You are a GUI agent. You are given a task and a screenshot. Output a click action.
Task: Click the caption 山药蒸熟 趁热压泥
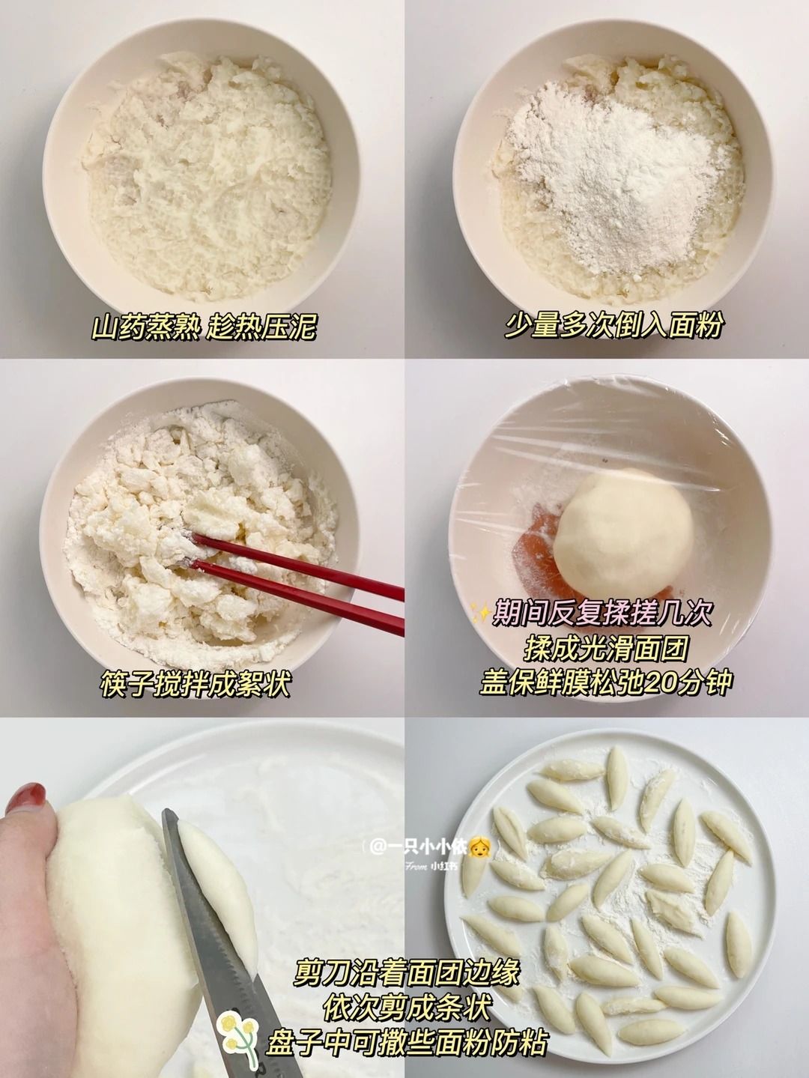204,326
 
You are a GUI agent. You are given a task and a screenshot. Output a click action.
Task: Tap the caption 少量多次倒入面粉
613,324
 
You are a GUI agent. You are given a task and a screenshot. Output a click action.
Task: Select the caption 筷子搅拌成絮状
196,683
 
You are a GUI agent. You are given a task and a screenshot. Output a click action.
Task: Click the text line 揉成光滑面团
605,647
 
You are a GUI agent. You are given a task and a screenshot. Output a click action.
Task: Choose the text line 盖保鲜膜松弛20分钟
606,682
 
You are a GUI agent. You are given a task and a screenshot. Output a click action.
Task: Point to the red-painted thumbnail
25,799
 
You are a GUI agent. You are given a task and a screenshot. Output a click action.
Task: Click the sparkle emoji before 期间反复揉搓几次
480,614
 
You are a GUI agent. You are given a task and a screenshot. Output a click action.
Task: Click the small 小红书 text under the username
443,867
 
